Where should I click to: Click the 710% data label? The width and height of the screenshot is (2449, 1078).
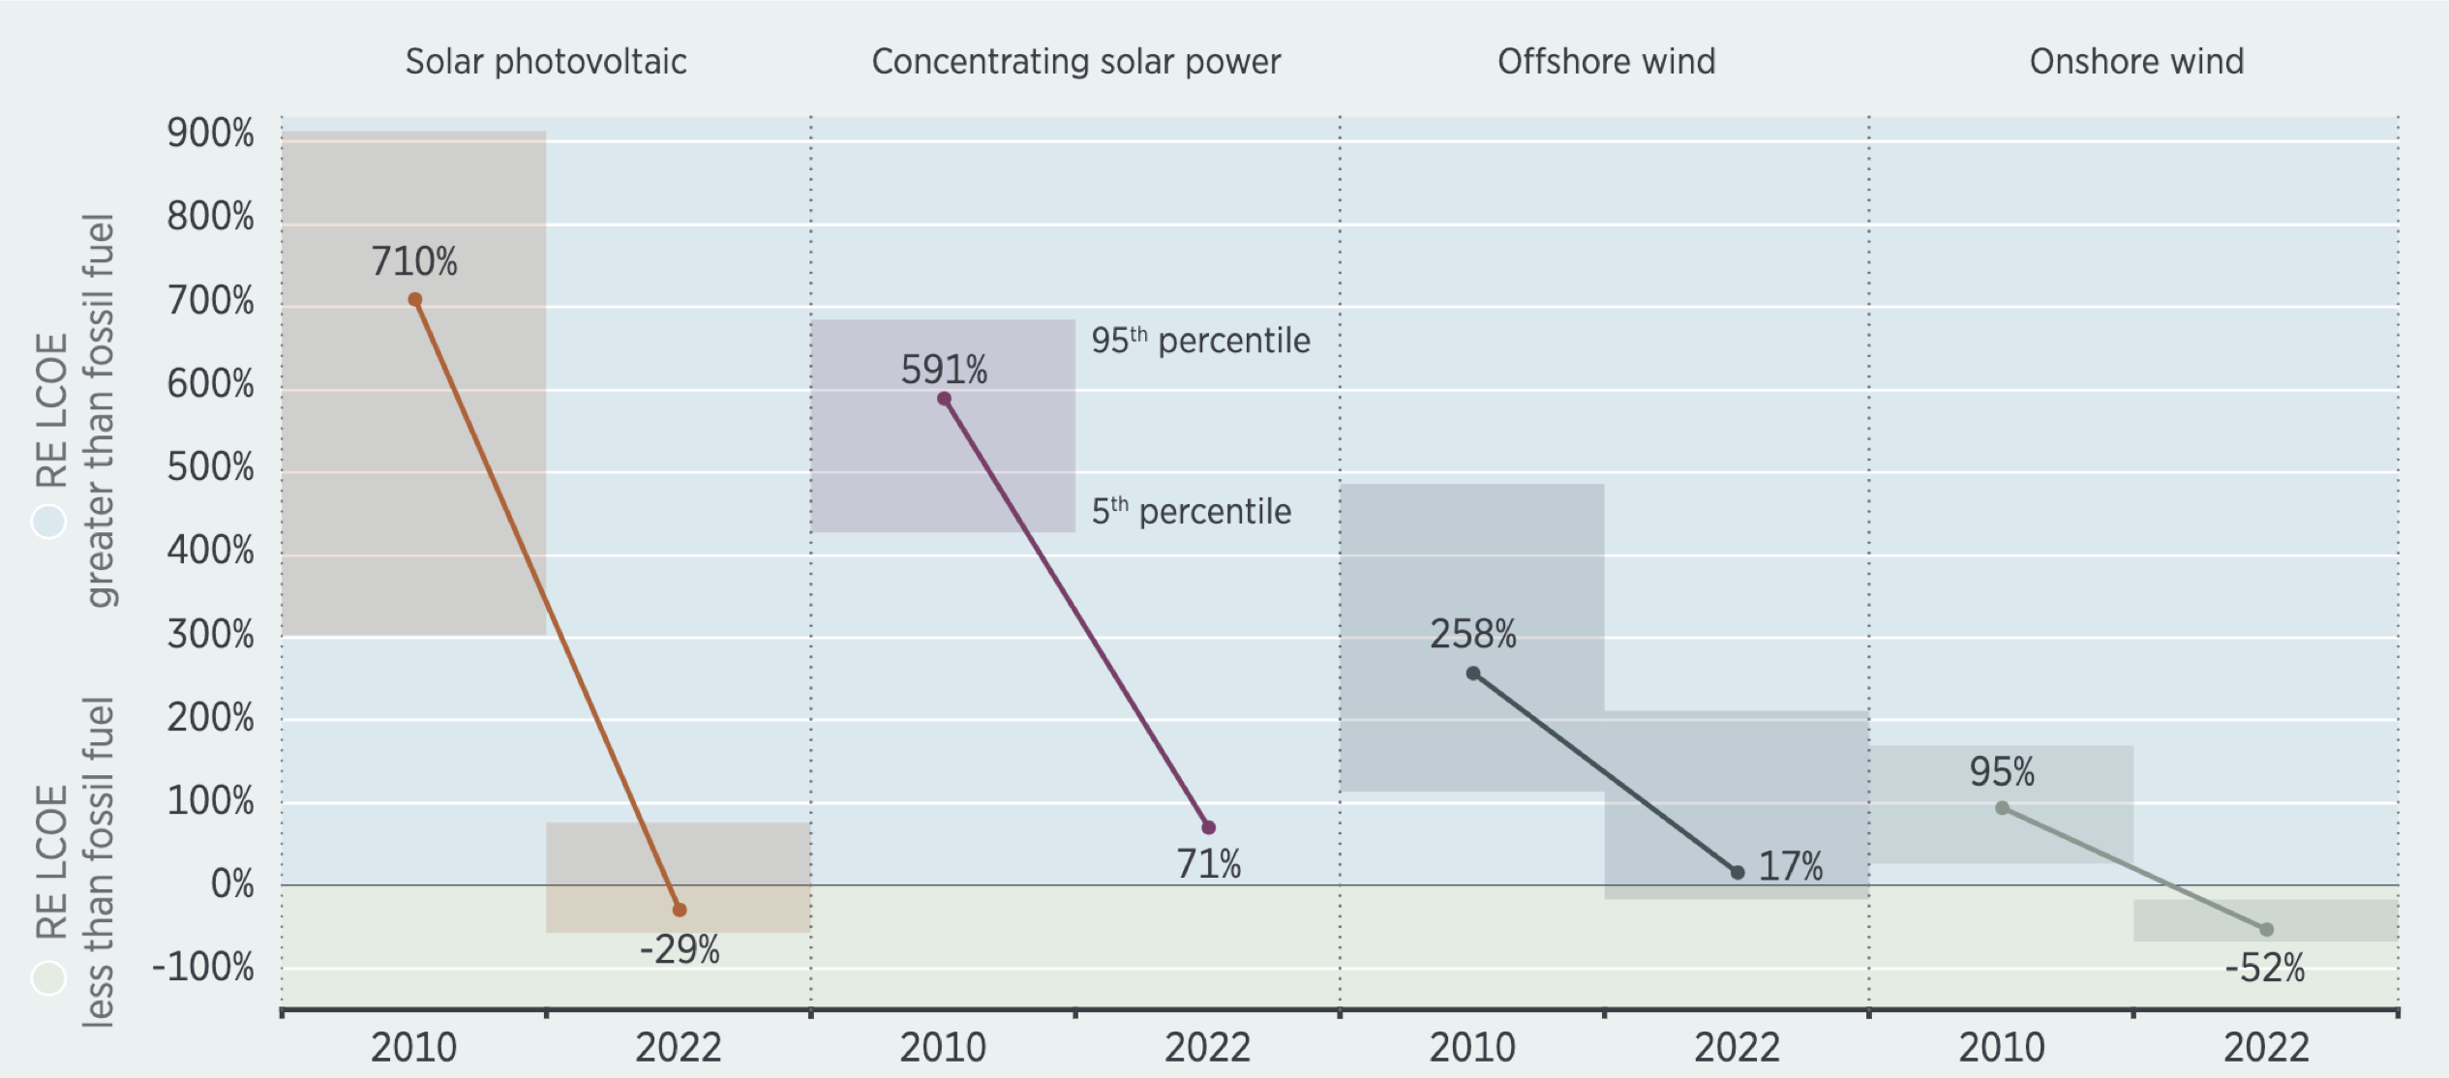coord(414,261)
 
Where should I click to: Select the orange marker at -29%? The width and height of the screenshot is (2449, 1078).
coord(680,910)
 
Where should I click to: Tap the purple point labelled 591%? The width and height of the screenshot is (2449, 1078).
coord(944,399)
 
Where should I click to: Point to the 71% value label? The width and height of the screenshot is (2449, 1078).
coord(1208,864)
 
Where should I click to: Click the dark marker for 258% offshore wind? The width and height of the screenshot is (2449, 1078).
coord(1472,674)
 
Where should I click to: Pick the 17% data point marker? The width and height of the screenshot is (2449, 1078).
coord(1738,872)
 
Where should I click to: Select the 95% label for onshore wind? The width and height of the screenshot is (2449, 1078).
coord(2002,772)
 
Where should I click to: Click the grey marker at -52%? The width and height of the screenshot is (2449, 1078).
coord(2267,929)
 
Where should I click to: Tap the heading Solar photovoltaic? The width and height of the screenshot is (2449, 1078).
coord(546,62)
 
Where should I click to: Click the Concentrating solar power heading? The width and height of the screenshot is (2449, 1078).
coord(1075,62)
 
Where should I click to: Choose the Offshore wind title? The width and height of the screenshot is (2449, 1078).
coord(1606,62)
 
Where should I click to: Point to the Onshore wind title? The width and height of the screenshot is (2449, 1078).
coord(2136,62)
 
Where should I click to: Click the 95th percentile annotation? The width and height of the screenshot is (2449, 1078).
coord(1200,341)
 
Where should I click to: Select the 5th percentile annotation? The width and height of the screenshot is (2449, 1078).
coord(1191,511)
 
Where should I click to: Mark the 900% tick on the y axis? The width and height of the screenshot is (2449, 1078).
coord(210,134)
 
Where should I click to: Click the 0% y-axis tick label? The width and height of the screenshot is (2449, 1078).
coord(232,883)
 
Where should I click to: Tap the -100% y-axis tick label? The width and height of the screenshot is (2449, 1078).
coord(203,967)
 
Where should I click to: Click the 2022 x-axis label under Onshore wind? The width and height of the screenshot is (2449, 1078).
coord(2266,1047)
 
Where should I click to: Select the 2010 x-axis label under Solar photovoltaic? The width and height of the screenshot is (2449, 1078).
coord(413,1047)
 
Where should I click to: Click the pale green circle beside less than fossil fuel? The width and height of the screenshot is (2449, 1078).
coord(48,977)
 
